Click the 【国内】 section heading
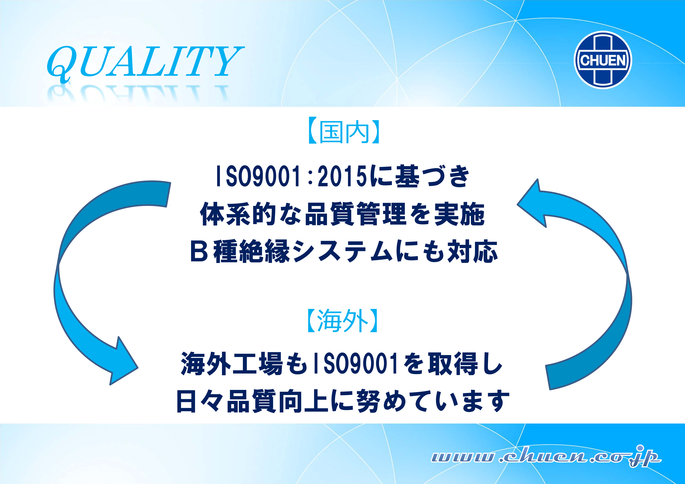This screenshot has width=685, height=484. tap(343, 132)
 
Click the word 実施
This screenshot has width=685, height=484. tap(460, 214)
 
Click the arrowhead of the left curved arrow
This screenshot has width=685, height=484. tap(122, 363)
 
